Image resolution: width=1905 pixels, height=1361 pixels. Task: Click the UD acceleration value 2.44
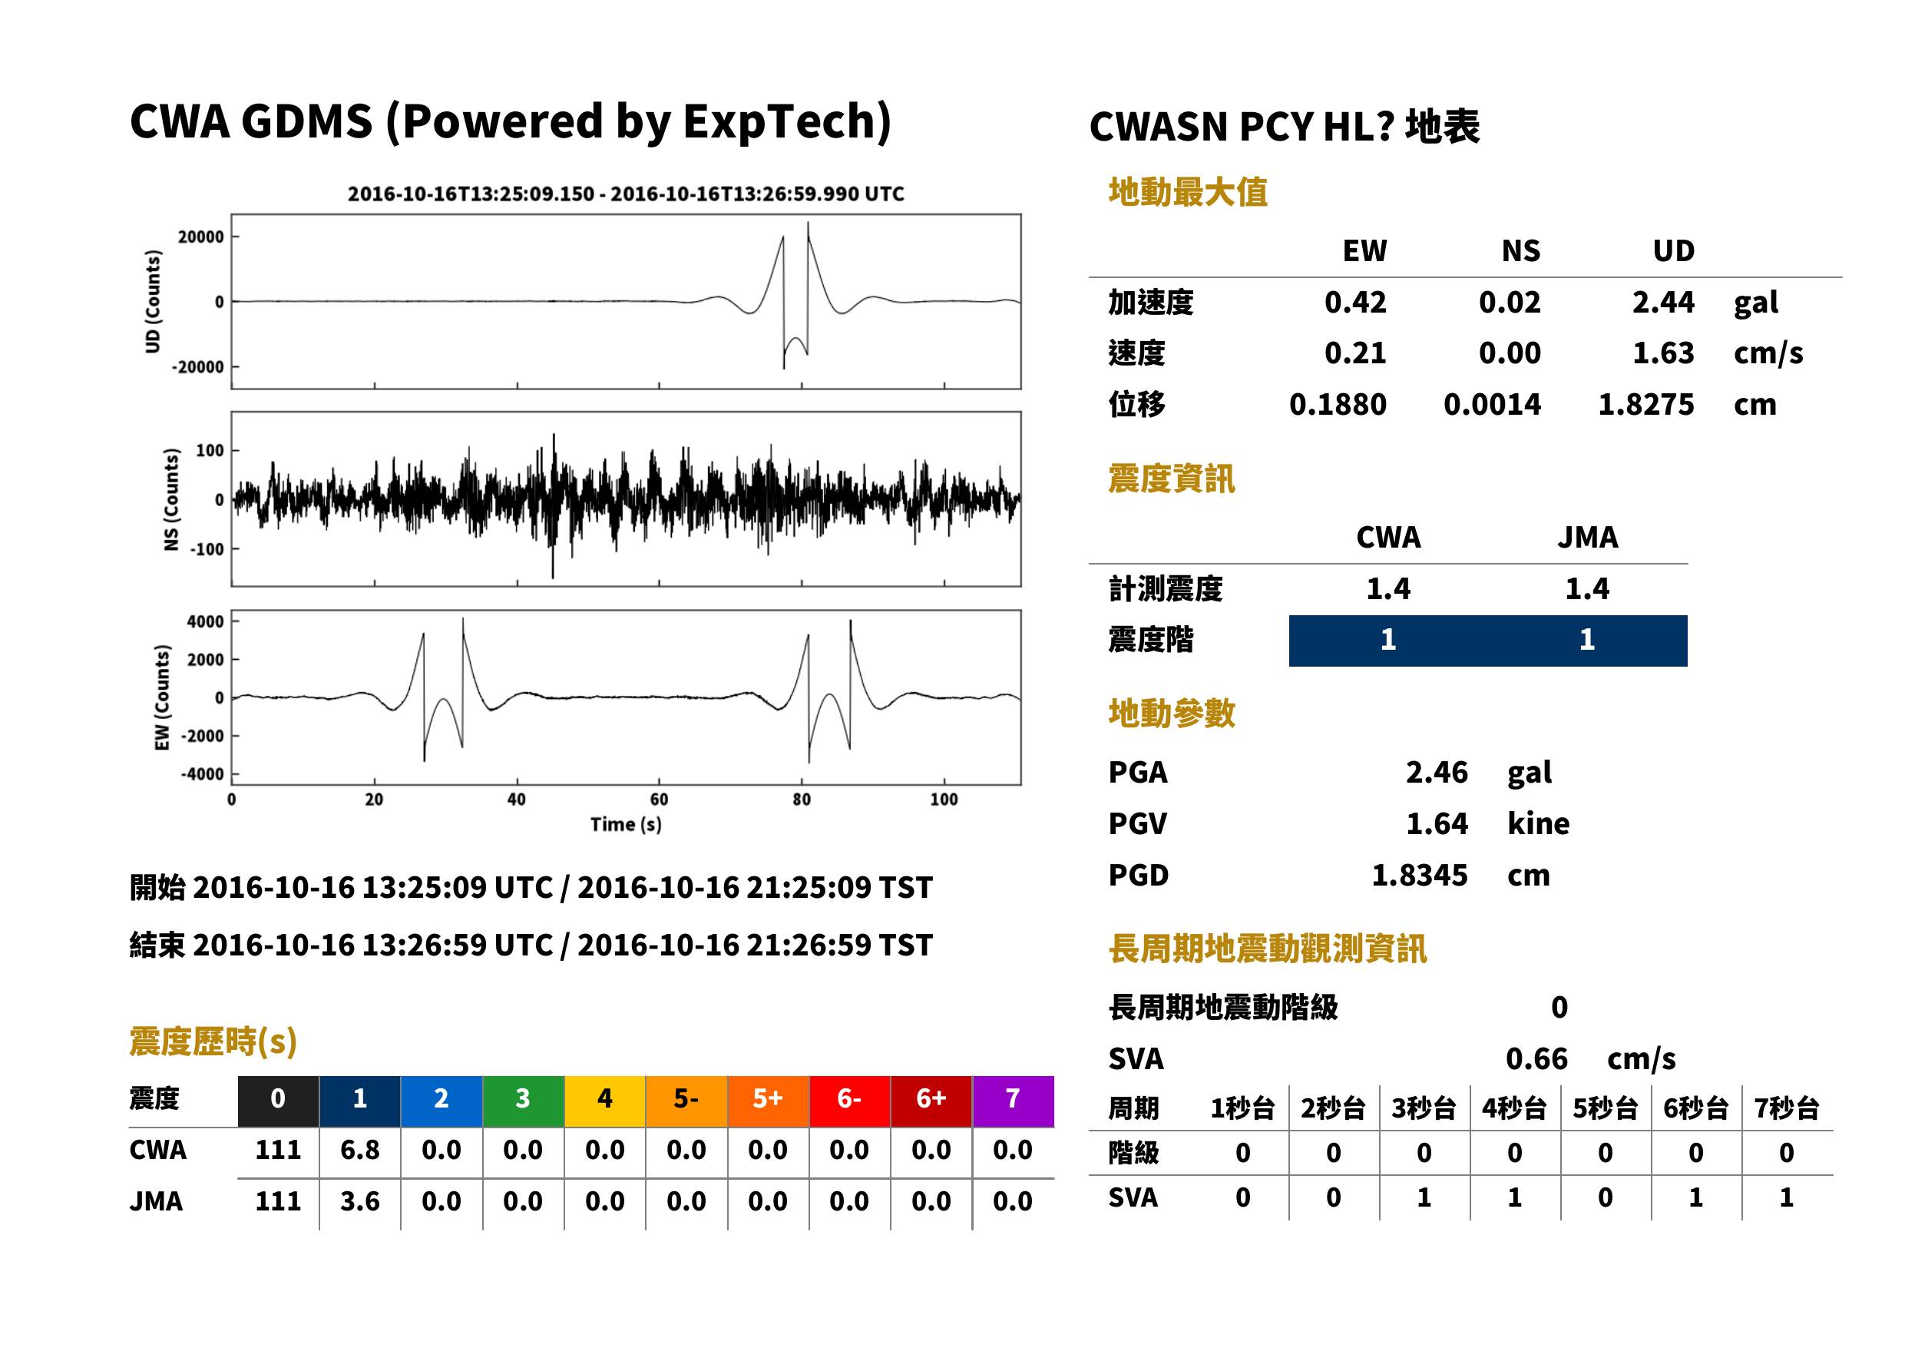click(x=1663, y=302)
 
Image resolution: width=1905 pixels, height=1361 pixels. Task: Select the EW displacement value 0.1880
click(x=1338, y=404)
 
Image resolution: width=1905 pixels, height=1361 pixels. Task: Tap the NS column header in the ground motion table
click(x=1520, y=250)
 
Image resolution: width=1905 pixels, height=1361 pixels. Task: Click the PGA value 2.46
click(x=1437, y=772)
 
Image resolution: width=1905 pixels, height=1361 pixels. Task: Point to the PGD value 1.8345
click(x=1420, y=875)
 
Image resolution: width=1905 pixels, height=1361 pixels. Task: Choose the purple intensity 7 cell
click(x=1013, y=1098)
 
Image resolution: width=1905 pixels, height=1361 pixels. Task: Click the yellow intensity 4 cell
click(x=605, y=1098)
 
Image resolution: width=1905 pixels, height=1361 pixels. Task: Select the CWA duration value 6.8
click(x=360, y=1150)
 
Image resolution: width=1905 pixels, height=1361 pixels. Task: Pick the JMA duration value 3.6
click(x=360, y=1201)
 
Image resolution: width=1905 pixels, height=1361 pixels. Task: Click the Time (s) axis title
click(x=626, y=825)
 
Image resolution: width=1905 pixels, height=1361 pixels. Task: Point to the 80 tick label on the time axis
click(x=802, y=800)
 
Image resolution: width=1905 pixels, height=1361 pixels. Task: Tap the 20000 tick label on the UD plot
click(x=201, y=237)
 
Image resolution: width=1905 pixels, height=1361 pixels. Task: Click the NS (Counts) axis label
click(x=171, y=499)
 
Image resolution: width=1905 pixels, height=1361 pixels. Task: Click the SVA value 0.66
click(x=1536, y=1058)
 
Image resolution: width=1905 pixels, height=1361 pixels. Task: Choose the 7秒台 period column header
click(x=1787, y=1108)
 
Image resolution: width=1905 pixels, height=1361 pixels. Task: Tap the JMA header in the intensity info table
click(x=1588, y=537)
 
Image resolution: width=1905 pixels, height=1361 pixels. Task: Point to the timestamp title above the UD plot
click(x=626, y=194)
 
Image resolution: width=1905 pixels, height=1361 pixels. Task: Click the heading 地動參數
click(x=1171, y=714)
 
